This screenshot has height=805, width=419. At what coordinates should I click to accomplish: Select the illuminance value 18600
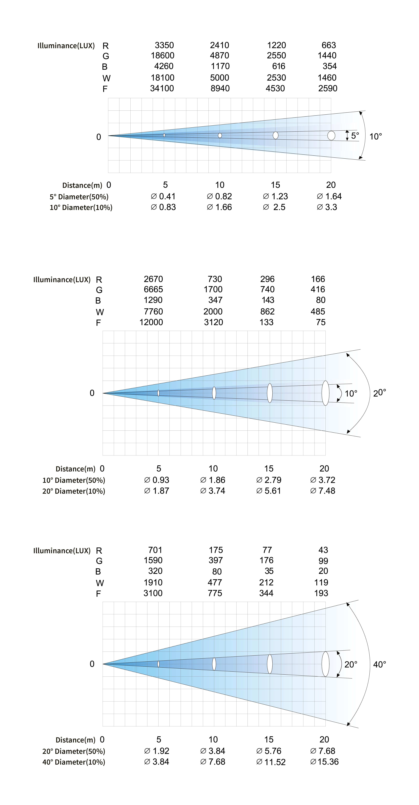[x=162, y=56]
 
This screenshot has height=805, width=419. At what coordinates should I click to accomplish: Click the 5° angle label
[x=355, y=136]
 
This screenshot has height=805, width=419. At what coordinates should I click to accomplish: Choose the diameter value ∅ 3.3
[x=327, y=207]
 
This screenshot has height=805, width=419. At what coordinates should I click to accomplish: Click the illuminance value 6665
[x=153, y=289]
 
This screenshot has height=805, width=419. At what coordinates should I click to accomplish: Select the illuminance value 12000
[x=151, y=322]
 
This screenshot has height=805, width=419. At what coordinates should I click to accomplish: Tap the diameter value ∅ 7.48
[x=322, y=491]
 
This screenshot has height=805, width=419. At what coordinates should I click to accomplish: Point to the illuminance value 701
[x=155, y=550]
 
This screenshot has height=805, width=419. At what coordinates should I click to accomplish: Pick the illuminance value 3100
[x=153, y=593]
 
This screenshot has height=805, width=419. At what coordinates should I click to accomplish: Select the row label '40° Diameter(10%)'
[x=74, y=762]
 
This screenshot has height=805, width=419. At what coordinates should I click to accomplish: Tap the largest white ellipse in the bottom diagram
[x=325, y=664]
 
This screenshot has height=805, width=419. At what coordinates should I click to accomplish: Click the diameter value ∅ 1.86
[x=213, y=480]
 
